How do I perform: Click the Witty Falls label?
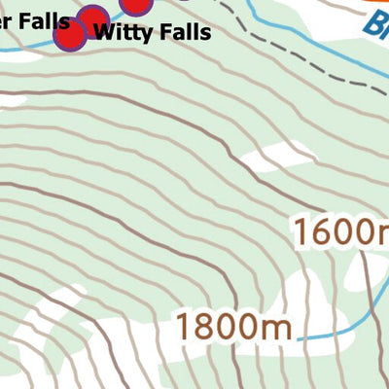coord(151,31)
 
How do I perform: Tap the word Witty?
coord(122,31)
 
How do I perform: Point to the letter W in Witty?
coord(102,31)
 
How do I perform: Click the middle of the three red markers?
coord(92,20)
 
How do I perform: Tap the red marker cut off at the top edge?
coord(137,4)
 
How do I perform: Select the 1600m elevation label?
coord(341,232)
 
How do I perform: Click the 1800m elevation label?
coord(233,326)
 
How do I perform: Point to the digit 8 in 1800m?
coord(207,326)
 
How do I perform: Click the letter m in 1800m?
coord(278,328)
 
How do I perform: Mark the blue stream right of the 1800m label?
coord(336,332)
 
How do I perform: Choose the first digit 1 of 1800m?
coord(185,326)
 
